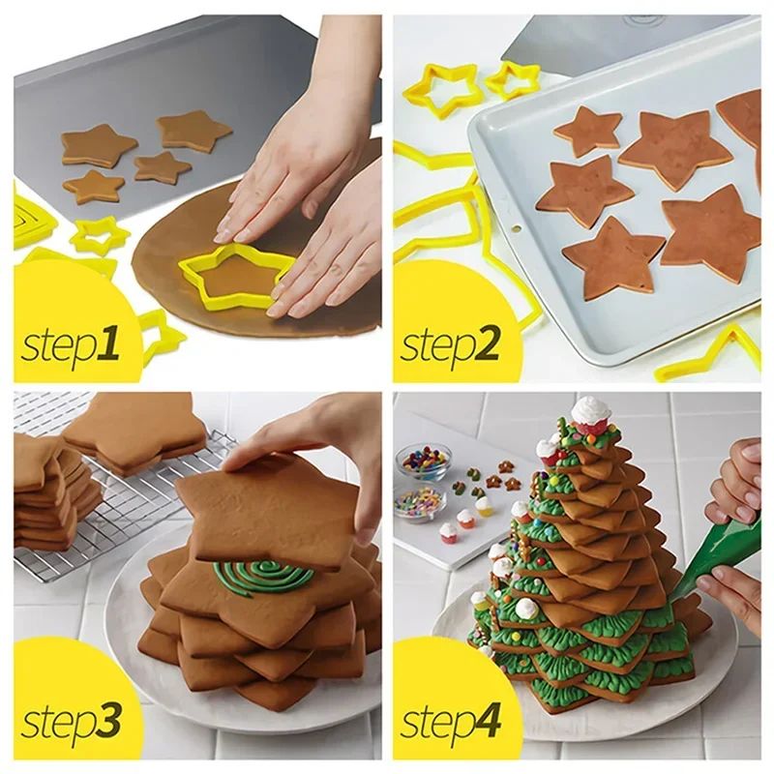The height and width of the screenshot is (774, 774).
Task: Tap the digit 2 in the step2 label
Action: click(490, 344)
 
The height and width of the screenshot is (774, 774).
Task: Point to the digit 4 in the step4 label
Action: click(490, 722)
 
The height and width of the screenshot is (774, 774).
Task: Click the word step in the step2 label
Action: click(435, 346)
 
